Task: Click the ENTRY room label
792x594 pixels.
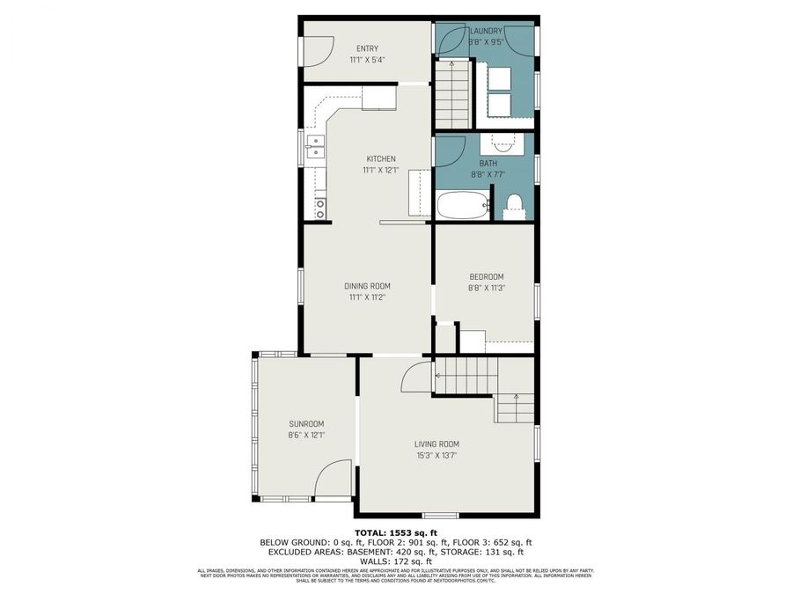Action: pos(367,48)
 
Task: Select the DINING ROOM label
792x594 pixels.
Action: pos(367,286)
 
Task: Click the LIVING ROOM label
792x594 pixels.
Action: pos(437,444)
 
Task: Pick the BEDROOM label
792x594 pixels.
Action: pos(486,276)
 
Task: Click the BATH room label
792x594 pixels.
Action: pos(488,164)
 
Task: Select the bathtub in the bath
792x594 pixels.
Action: pos(462,206)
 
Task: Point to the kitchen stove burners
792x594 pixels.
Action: pos(320,209)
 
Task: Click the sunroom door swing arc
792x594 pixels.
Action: pos(332,480)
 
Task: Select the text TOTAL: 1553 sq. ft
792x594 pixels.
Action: pos(395,533)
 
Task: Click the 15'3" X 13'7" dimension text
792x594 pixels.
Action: pos(437,455)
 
